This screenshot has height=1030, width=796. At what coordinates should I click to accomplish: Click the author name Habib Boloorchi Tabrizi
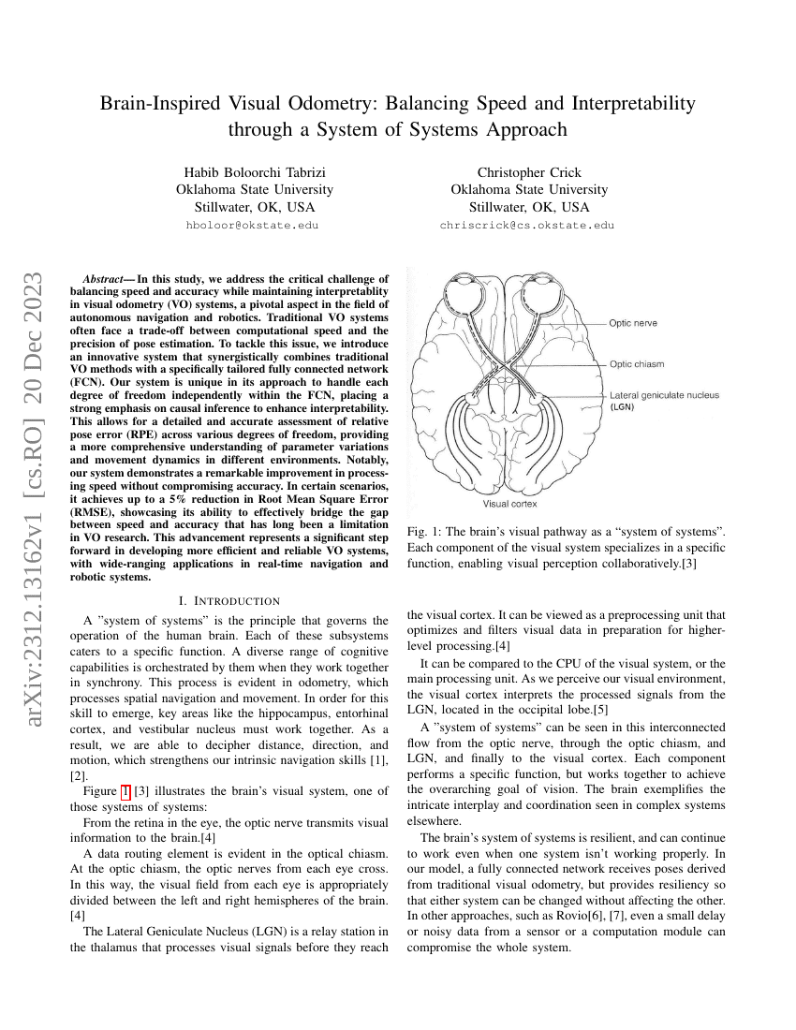[x=255, y=172]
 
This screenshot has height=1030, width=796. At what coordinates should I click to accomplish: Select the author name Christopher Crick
[x=529, y=172]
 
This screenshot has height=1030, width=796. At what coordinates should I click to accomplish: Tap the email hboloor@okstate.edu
[x=252, y=226]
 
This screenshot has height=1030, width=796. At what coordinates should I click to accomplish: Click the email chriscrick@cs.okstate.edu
[x=527, y=226]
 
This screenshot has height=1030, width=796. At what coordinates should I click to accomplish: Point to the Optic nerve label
[x=633, y=323]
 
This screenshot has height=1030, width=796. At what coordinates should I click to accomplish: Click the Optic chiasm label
[x=637, y=364]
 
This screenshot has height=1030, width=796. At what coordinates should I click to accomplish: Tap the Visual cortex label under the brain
[x=517, y=504]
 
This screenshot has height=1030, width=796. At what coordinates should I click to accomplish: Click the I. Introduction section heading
[x=228, y=600]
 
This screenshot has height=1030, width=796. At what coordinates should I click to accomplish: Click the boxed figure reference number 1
[x=126, y=791]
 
